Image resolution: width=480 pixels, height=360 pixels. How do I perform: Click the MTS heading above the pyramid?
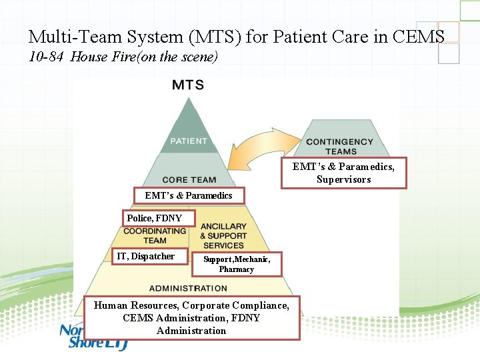pyautogui.click(x=188, y=85)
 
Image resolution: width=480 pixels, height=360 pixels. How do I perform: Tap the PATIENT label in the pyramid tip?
pyautogui.click(x=189, y=141)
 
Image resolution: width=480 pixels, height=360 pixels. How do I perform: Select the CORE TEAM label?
pyautogui.click(x=189, y=179)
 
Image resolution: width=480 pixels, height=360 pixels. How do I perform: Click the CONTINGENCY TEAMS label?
pyautogui.click(x=339, y=146)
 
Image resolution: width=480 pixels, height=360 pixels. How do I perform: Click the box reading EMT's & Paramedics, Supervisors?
pyautogui.click(x=343, y=173)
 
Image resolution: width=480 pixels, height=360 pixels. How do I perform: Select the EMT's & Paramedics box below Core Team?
pyautogui.click(x=188, y=195)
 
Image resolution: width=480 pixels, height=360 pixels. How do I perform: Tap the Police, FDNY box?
pyautogui.click(x=155, y=218)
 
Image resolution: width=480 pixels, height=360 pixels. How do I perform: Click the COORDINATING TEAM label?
pyautogui.click(x=155, y=235)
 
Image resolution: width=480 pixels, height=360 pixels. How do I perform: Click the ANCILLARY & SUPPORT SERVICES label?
pyautogui.click(x=223, y=236)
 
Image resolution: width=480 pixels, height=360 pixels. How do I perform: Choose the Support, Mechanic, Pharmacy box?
pyautogui.click(x=237, y=264)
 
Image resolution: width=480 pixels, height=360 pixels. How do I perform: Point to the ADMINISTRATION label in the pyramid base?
pyautogui.click(x=188, y=288)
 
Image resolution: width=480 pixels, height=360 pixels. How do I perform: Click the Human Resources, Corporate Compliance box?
pyautogui.click(x=191, y=317)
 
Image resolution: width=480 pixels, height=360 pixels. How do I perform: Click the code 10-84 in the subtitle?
pyautogui.click(x=47, y=57)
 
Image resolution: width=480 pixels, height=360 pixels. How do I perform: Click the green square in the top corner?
pyautogui.click(x=469, y=10)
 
